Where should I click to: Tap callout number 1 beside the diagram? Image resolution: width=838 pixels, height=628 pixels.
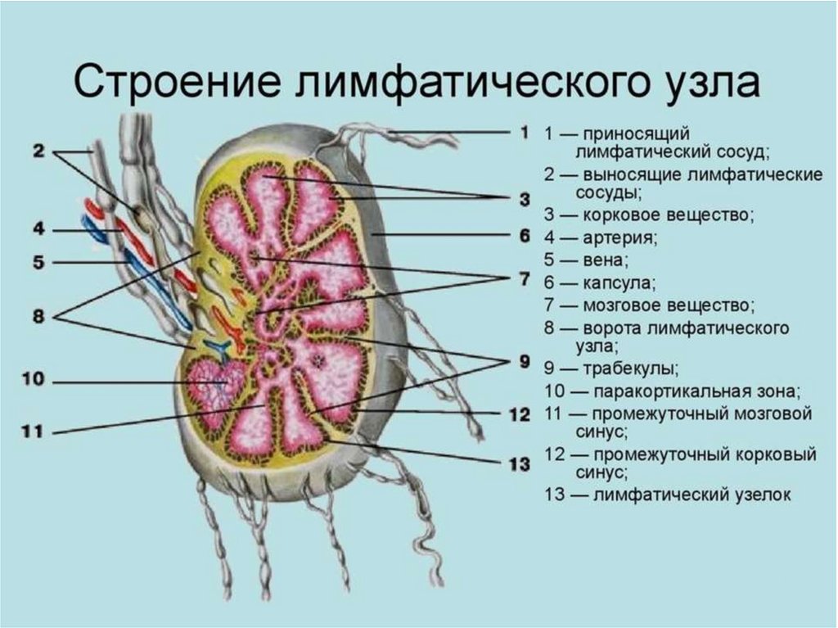tap(523, 132)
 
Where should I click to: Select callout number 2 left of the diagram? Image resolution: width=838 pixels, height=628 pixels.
tap(39, 151)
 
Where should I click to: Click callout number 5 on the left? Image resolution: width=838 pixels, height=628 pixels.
tap(39, 263)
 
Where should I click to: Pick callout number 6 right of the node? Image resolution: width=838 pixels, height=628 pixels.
tap(524, 236)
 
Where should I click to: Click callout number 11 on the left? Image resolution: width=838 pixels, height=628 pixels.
tap(34, 431)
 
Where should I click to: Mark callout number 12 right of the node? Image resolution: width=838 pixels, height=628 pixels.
tap(520, 414)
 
